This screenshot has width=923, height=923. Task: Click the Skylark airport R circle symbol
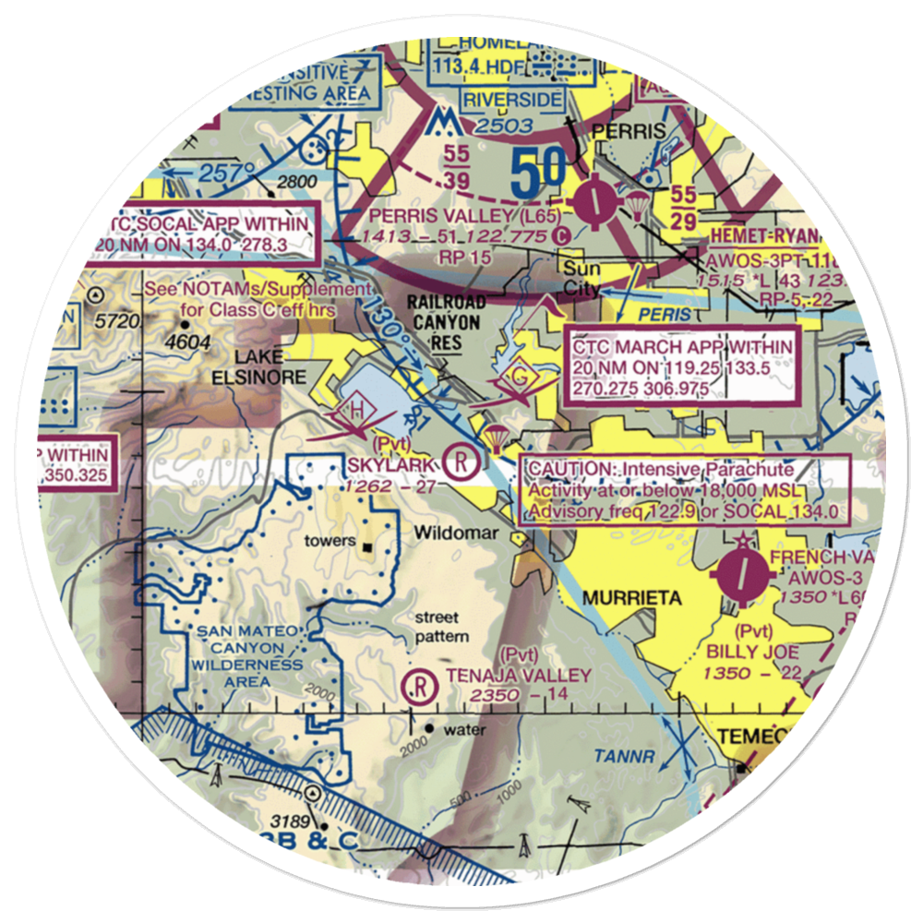click(x=460, y=460)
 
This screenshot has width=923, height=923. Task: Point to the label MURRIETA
click(x=631, y=598)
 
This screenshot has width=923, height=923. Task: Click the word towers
click(x=330, y=540)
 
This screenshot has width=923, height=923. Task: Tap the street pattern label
click(x=441, y=627)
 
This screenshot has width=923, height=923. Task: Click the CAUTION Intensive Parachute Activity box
click(x=683, y=491)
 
